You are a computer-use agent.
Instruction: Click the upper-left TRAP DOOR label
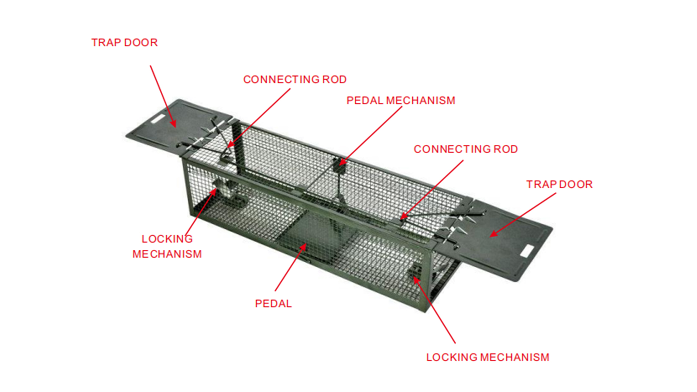[x=125, y=42]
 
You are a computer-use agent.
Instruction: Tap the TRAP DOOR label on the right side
[x=559, y=184]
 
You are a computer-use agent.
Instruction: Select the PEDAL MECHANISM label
[x=401, y=101]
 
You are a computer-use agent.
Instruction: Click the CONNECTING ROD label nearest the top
[x=295, y=79]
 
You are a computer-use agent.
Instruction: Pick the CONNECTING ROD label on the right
[x=466, y=149]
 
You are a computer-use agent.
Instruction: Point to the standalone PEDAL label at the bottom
[x=273, y=304]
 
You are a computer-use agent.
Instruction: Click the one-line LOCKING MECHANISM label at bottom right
[x=488, y=358]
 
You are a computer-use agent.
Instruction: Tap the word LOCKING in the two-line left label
[x=167, y=239]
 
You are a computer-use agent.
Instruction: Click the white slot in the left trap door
[x=158, y=119]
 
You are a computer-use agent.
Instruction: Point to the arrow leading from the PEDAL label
[x=290, y=267]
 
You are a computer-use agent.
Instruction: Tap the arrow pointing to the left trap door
[x=163, y=97]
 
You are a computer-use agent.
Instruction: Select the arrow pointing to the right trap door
[x=523, y=215]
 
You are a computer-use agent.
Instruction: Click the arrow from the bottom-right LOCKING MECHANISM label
[x=434, y=310]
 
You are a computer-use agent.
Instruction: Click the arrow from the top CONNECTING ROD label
[x=258, y=118]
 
